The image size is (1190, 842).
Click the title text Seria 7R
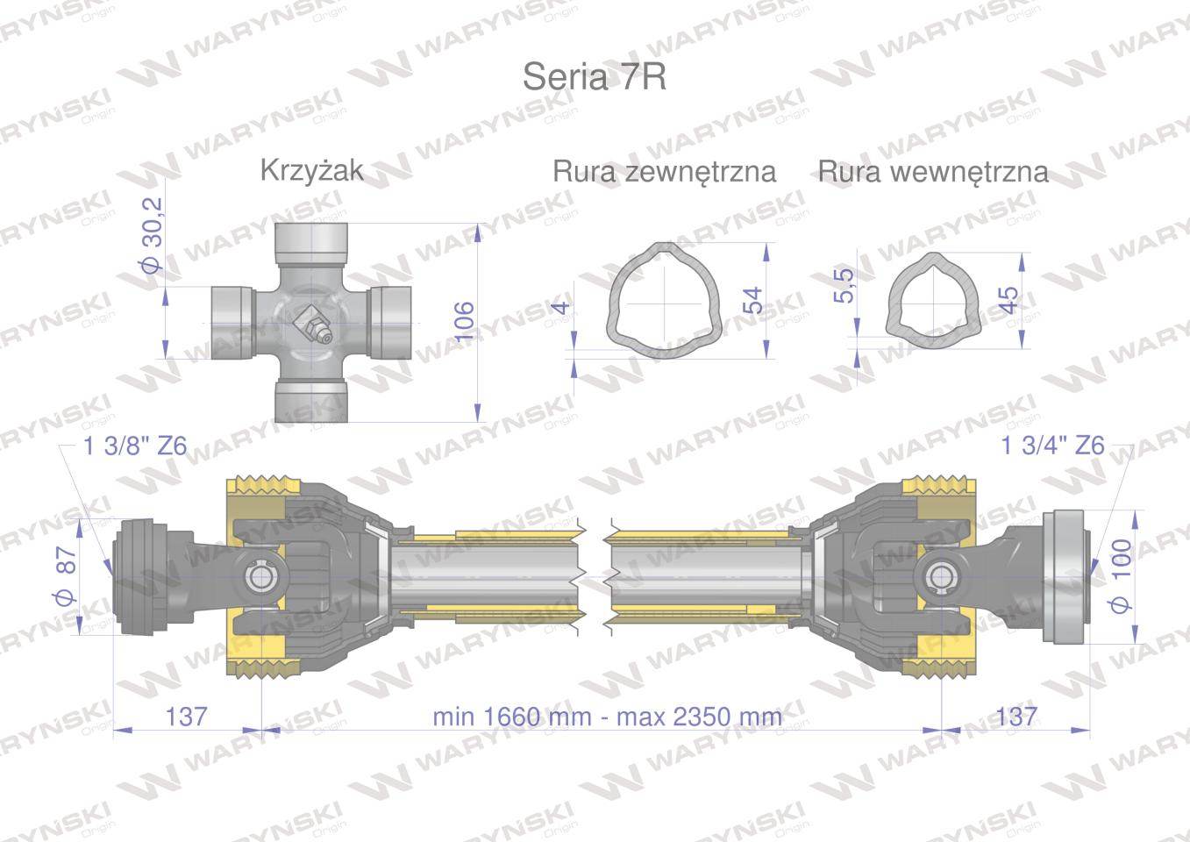pos(594,77)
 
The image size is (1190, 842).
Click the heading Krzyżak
pos(312,171)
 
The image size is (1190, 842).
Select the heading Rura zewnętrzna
pos(664,172)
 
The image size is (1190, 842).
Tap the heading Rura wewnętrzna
pos(933,172)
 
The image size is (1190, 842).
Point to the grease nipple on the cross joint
pos(313,325)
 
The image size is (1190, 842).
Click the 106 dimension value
pos(464,321)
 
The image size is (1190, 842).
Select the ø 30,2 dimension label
pos(153,235)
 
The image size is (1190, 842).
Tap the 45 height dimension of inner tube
pos(1008,300)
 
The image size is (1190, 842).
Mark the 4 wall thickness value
pos(561,308)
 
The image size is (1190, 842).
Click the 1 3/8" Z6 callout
pos(135,446)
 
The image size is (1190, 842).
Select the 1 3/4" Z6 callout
pos(1052,446)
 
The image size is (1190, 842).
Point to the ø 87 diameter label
pos(66,576)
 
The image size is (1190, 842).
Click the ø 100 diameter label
pos(1121,576)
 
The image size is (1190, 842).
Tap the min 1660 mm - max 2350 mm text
pos(607,717)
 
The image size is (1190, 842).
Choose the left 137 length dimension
pos(186,717)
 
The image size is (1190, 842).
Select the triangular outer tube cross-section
pos(665,301)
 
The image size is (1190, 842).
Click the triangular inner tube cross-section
pos(932,301)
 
